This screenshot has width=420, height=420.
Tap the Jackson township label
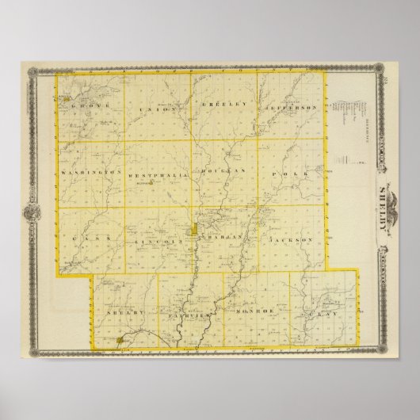tap(292, 239)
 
